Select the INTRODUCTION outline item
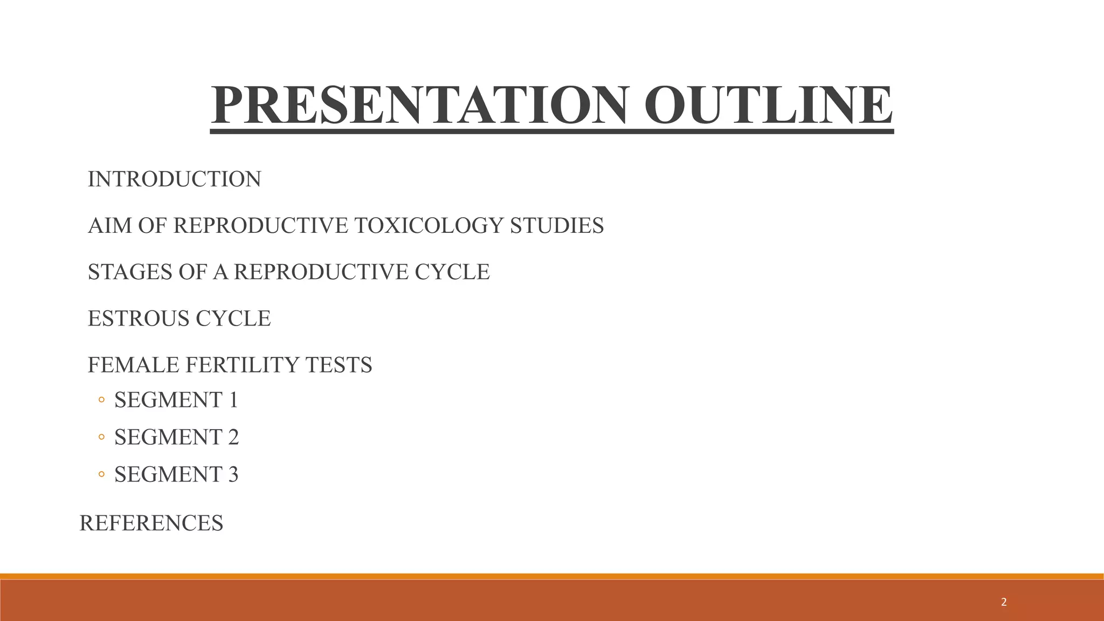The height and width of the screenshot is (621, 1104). tap(174, 179)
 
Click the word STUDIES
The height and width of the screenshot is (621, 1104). tap(556, 225)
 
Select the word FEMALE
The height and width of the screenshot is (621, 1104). tap(133, 365)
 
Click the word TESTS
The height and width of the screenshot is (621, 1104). tap(339, 365)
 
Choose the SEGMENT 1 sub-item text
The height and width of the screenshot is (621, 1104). tap(176, 400)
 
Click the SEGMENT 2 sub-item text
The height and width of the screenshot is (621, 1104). tap(176, 437)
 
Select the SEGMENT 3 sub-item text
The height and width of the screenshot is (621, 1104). tap(176, 474)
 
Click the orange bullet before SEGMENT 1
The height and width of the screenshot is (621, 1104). tap(101, 401)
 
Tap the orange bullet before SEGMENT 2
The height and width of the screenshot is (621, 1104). tap(101, 438)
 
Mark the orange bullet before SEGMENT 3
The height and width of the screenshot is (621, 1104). tap(101, 475)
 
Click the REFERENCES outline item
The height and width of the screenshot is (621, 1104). tap(151, 523)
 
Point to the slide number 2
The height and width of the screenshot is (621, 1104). tap(1003, 603)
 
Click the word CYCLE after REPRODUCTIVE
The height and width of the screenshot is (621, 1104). tap(452, 272)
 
